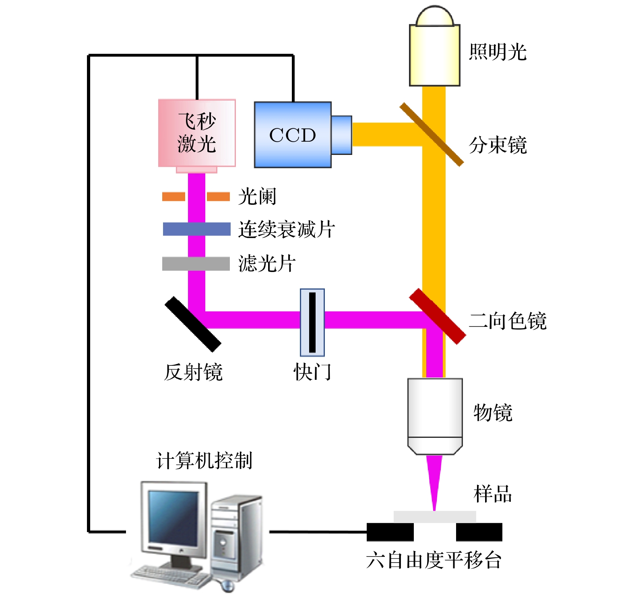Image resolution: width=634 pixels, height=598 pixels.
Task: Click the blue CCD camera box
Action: (293, 135)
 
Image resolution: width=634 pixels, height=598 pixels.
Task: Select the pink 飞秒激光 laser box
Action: (196, 133)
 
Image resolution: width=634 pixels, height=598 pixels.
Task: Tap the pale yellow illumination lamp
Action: (434, 54)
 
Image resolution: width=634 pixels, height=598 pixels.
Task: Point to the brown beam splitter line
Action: (432, 134)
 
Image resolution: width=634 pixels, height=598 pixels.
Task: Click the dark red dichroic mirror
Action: (438, 316)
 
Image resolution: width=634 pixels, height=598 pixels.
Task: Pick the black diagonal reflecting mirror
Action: (193, 324)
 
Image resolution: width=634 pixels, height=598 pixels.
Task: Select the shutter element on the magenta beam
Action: (312, 322)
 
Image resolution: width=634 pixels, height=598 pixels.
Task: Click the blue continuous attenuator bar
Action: (196, 229)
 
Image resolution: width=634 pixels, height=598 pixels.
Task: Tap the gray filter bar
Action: (196, 264)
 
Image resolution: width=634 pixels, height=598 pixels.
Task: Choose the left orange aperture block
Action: (173, 196)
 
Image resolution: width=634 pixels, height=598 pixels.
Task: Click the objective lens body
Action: (435, 414)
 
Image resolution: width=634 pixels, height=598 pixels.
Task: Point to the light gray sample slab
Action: (435, 516)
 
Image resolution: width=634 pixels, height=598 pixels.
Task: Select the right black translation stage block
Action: (479, 532)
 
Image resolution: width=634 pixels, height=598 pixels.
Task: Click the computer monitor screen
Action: (173, 517)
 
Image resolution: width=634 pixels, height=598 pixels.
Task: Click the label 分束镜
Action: (498, 145)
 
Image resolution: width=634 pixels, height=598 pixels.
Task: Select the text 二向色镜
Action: (508, 321)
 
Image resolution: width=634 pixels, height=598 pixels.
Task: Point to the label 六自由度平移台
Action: (434, 560)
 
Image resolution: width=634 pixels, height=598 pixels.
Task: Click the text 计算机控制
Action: (204, 460)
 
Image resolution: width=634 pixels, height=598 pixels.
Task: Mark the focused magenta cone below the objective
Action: (434, 479)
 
